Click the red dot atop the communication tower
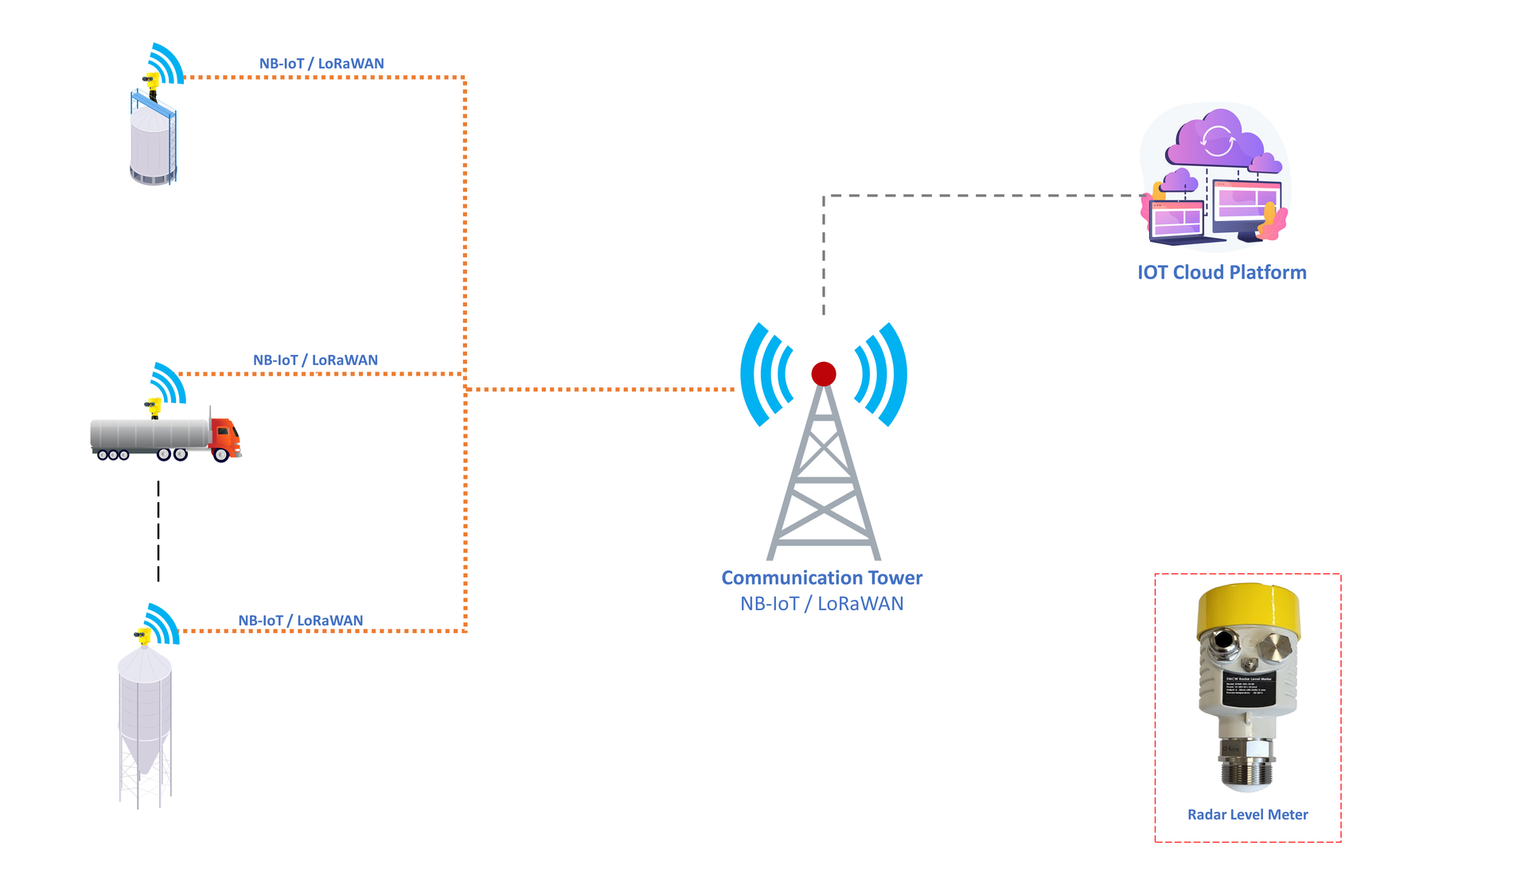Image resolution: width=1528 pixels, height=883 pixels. coord(824,373)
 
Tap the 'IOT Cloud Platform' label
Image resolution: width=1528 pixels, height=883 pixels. coord(1222,272)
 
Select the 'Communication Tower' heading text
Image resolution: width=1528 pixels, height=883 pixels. coord(821,578)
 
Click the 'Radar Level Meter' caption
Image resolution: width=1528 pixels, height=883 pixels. coord(1247,815)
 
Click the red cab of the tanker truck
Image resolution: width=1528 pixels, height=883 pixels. coord(225,438)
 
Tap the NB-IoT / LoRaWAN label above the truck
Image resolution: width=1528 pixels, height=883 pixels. coord(315,360)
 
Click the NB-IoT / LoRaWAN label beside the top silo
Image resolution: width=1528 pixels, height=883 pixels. coord(322,64)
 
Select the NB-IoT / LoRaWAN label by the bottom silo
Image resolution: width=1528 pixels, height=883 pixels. coord(301,620)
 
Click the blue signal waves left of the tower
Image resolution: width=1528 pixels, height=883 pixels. coord(766,374)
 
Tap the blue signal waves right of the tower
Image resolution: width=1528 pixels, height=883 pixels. coord(882,374)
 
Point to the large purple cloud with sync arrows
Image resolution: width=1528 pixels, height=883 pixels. coord(1216,141)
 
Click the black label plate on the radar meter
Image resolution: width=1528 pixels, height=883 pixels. coord(1249,687)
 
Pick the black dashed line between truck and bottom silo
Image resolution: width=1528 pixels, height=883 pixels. coord(158,531)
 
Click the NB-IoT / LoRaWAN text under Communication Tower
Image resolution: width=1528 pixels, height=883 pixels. coord(821,604)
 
